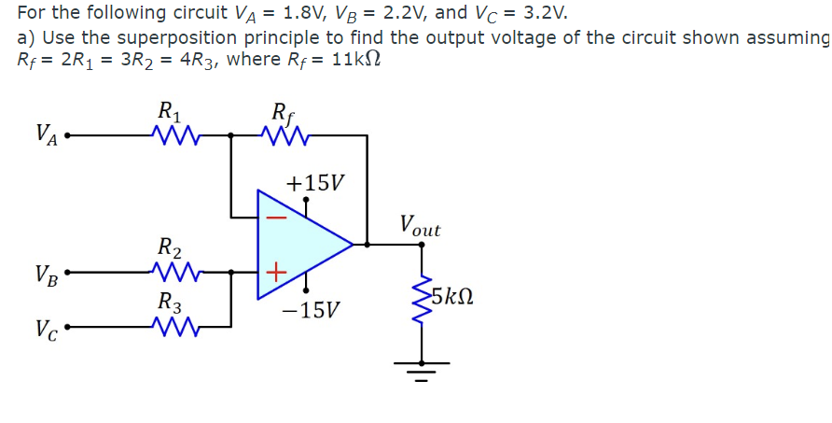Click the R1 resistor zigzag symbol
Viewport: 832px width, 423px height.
click(170, 139)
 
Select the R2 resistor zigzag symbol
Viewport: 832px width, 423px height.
click(170, 274)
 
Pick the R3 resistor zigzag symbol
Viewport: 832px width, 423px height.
click(170, 327)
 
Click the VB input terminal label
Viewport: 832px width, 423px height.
click(46, 275)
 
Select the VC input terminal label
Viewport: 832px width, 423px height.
click(46, 330)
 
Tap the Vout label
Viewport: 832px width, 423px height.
click(419, 226)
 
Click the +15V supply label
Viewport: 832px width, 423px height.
click(314, 182)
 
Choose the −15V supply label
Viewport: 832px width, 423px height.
click(312, 309)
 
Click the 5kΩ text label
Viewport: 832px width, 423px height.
click(457, 299)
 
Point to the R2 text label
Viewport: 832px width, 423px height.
click(170, 248)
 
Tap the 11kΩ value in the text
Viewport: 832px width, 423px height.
click(355, 59)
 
